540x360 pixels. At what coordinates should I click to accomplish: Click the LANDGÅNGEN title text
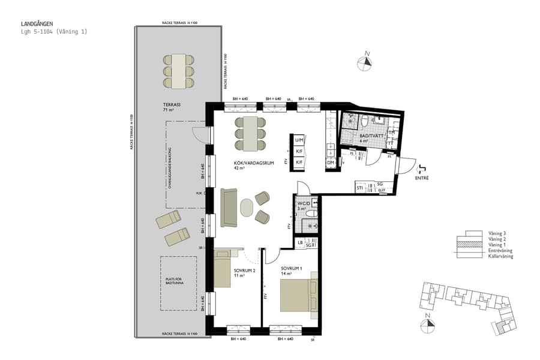[38, 24]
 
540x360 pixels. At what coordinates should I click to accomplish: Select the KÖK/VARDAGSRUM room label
[250, 166]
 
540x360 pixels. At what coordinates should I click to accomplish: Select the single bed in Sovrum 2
[222, 269]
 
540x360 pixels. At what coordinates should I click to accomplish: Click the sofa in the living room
[229, 208]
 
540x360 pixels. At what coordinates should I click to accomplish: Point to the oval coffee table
[247, 207]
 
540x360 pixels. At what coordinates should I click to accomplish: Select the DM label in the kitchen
[331, 163]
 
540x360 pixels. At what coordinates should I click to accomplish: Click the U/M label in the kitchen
[298, 140]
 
